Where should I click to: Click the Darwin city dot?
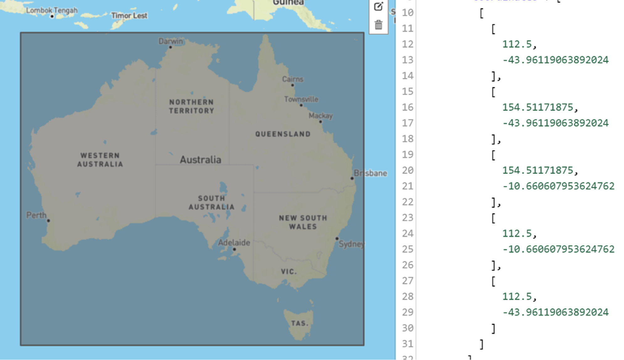point(171,47)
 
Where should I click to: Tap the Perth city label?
point(36,215)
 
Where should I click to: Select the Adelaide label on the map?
point(234,242)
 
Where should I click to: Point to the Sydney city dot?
point(337,239)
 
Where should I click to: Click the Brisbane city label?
point(370,173)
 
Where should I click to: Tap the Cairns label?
point(293,79)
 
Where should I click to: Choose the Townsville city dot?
point(301,105)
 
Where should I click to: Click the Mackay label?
point(320,116)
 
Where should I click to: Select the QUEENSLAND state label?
point(283,134)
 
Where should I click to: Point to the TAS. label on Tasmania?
point(299,323)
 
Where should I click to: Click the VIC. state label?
point(289,272)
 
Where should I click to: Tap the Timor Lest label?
point(129,16)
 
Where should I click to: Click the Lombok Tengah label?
point(52,10)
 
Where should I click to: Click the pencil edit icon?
point(378,7)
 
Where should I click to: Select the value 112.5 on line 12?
point(517,44)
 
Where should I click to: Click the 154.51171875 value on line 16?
point(538,107)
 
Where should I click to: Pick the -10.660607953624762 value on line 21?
point(558,186)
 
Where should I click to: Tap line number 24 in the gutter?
point(408,234)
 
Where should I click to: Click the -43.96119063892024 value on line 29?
point(555,312)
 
